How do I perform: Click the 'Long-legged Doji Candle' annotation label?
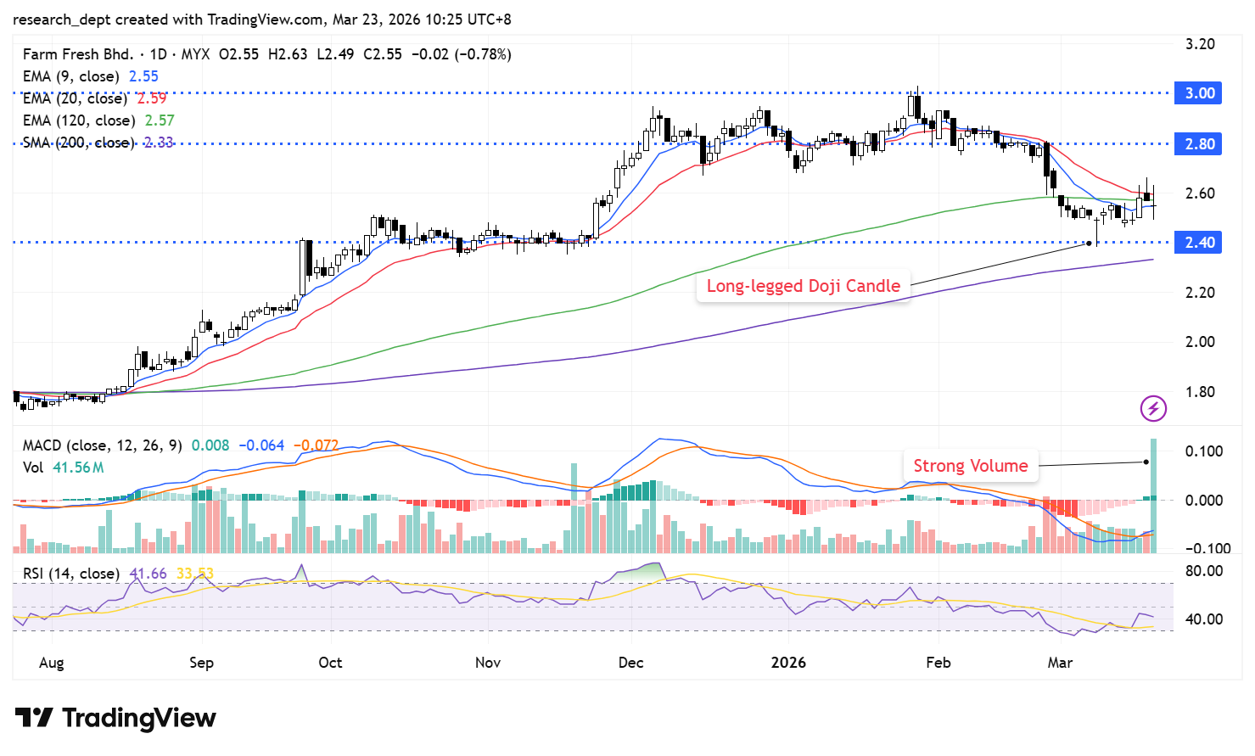[803, 286]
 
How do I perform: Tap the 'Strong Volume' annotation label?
[970, 466]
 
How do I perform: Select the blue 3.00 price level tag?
[1198, 93]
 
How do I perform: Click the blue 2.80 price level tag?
[1198, 144]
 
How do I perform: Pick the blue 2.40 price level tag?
[1198, 243]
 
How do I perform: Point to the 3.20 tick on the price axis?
[1200, 44]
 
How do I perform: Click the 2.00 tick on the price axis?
[1200, 342]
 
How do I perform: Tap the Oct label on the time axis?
[330, 663]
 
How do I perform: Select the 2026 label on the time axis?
[788, 663]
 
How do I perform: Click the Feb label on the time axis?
[938, 663]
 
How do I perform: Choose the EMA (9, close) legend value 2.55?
[143, 76]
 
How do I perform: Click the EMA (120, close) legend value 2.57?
[160, 120]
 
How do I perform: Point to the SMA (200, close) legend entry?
[78, 143]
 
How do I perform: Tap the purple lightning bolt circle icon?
[1153, 409]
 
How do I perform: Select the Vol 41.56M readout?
[64, 468]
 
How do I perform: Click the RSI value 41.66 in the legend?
[148, 574]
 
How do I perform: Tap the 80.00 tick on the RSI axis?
[1203, 571]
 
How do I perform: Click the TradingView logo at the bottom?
[116, 718]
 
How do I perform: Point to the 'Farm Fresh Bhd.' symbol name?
[78, 54]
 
